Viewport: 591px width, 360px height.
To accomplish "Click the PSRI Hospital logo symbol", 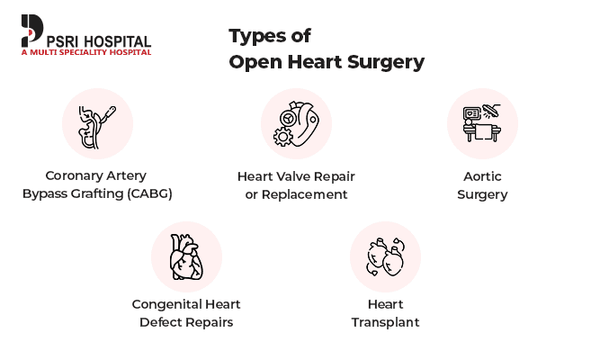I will (31, 30).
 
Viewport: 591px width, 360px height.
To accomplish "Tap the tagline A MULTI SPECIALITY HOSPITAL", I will (85, 52).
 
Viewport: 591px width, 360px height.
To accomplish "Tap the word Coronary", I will (77, 175).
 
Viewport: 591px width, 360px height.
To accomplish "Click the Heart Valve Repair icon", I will (295, 123).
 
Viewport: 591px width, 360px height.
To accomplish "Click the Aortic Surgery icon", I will (481, 123).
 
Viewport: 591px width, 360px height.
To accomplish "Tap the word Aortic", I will (482, 176).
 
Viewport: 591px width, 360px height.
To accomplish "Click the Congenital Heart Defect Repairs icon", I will (186, 256).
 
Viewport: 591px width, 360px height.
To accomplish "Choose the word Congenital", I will (168, 304).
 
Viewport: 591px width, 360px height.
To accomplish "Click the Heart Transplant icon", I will (385, 256).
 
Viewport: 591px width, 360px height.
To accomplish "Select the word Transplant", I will (385, 322).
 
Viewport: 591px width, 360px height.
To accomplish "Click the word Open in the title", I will (251, 63).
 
